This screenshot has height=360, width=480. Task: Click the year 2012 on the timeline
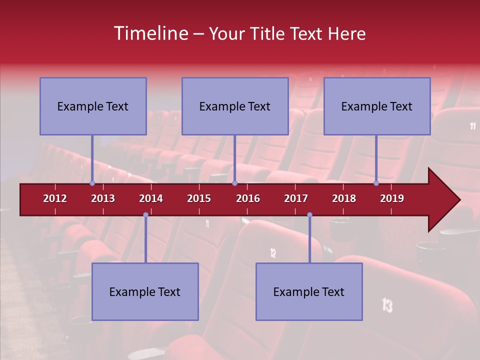pos(55,198)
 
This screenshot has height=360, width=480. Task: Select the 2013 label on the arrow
pos(103,198)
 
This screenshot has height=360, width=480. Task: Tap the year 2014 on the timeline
pos(151,198)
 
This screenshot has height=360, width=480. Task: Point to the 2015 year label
pos(199,198)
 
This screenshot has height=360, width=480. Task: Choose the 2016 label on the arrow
pos(248,198)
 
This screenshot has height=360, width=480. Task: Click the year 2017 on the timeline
pos(296,198)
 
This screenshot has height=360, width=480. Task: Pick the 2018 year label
pos(344,198)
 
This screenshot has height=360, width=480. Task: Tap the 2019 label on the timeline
pos(392,198)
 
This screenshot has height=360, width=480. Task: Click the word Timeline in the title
pos(150,33)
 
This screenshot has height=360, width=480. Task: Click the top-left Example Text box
pos(93,106)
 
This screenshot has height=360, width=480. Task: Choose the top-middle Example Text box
pos(235,106)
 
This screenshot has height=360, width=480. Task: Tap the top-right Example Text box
pos(377,106)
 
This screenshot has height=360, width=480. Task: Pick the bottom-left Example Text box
pos(145,291)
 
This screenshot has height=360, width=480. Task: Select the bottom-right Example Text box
pos(309,291)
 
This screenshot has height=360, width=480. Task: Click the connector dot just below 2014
pos(145,214)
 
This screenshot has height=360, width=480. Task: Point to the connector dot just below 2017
pos(309,214)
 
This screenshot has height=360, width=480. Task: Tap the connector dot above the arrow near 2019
pos(376,183)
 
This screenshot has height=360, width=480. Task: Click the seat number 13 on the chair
pos(387,304)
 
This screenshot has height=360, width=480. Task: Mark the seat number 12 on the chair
pos(273,253)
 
